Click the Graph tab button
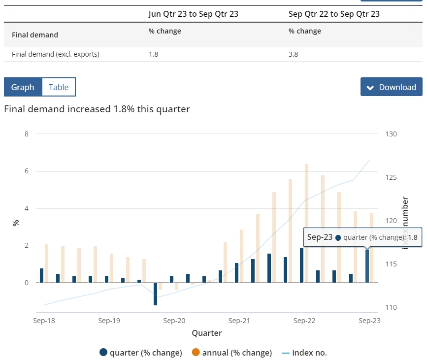[x=23, y=87]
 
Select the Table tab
[x=59, y=87]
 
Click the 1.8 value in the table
[x=153, y=54]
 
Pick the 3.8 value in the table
[x=293, y=54]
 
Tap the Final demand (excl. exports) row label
[x=55, y=54]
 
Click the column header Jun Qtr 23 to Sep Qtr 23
[x=194, y=14]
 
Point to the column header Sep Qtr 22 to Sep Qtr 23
[x=334, y=14]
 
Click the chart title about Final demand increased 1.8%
[x=97, y=109]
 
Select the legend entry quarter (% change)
[x=141, y=353]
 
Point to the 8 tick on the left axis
[x=27, y=134]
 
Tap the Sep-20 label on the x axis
[x=174, y=321]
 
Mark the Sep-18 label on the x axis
[x=44, y=321]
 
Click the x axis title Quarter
[x=207, y=333]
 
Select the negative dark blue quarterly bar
[x=155, y=294]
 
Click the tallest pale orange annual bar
[x=306, y=223]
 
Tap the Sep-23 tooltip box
[x=362, y=237]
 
